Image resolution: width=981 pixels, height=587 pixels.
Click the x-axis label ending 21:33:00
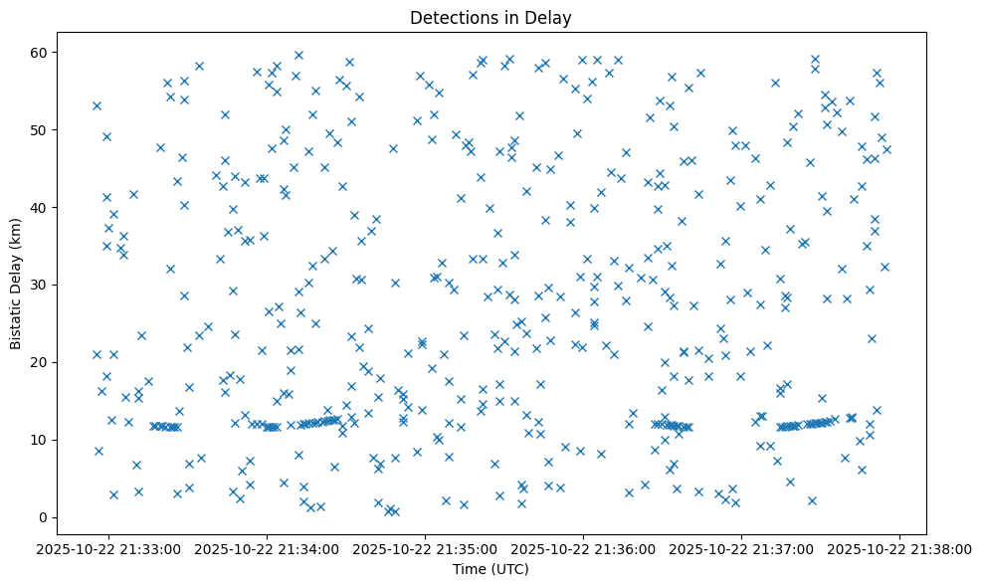109,548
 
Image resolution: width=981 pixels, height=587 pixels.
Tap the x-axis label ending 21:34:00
268,548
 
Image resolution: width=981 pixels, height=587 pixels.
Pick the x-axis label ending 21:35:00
426,548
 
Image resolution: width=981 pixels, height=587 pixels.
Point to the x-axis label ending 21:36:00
584,548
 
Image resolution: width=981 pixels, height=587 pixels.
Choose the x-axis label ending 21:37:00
742,548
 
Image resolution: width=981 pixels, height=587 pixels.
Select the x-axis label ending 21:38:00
900,548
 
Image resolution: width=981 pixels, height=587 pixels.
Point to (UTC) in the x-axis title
512,569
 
